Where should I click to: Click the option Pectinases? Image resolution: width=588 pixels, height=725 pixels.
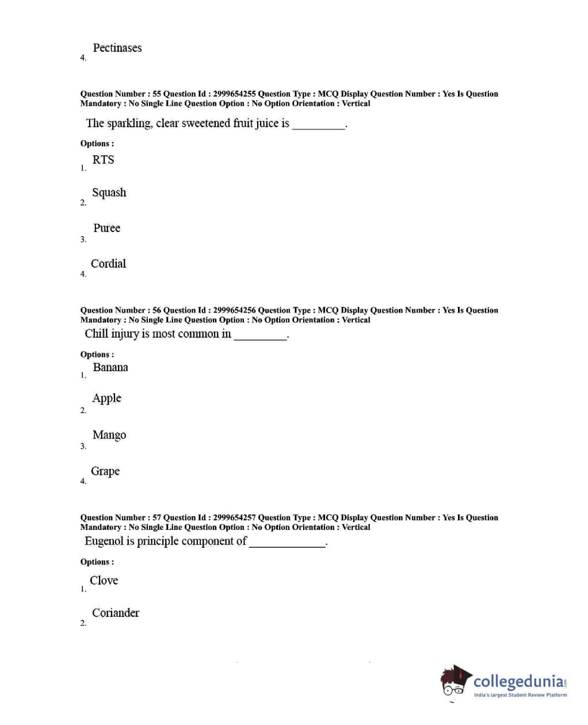click(117, 48)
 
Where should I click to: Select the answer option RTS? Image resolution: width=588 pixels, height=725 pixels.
click(103, 160)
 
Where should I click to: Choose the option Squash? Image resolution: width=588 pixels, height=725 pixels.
click(109, 193)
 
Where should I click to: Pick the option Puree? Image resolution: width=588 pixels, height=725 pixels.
click(106, 228)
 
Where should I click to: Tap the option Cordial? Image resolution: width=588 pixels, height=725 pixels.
click(108, 264)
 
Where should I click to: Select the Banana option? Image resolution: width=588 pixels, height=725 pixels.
click(110, 367)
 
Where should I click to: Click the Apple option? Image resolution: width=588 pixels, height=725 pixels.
click(106, 398)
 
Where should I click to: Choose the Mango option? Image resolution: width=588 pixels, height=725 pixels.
click(109, 435)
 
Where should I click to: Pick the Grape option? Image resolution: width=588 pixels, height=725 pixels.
click(105, 471)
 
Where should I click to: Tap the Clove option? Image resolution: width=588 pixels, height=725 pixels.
click(104, 581)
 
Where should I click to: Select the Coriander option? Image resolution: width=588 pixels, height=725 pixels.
click(115, 613)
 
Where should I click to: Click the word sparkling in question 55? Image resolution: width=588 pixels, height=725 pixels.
click(129, 124)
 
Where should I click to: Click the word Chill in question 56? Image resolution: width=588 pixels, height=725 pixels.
click(96, 334)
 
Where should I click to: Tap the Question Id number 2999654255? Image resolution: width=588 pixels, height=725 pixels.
click(234, 94)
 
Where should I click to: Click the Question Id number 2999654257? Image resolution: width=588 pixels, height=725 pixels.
click(234, 517)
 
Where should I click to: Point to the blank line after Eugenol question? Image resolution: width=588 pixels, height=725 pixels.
click(287, 544)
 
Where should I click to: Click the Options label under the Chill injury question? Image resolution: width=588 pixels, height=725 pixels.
click(97, 354)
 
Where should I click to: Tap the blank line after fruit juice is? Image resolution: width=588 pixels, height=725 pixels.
click(319, 126)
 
